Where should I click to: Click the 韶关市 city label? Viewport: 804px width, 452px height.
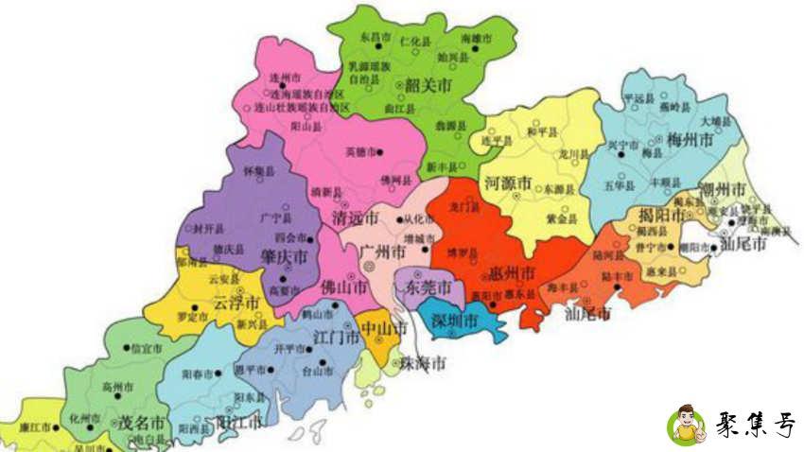428,85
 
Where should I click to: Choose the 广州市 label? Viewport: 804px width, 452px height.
384,252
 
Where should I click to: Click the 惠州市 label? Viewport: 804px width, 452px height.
515,272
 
